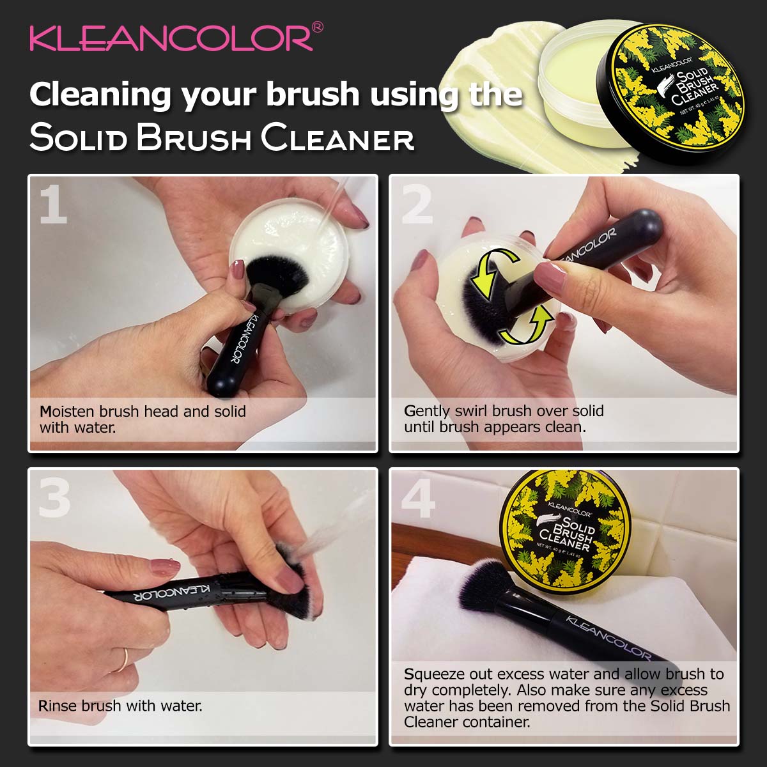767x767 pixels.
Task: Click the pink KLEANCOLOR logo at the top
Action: coord(171,38)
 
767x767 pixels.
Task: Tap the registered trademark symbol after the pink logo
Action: coord(317,27)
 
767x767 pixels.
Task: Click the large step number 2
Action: coord(417,205)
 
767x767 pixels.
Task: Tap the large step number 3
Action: coord(54,498)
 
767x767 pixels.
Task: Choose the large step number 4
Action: coord(418,498)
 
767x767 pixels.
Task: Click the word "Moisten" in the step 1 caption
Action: coord(67,411)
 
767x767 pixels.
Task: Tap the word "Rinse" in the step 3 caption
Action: coord(58,706)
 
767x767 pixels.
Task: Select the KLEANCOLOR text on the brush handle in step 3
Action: coord(171,593)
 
